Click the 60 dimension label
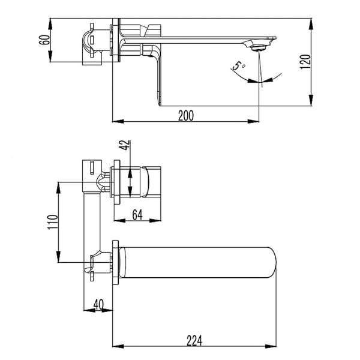coord(44,40)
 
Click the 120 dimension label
coord(305,62)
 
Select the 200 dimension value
coord(186,115)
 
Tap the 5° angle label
coord(238,65)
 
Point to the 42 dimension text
coord(125,145)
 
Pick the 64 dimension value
coord(137,215)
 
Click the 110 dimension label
coord(52,222)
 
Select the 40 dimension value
coord(99,305)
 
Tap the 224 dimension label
coord(194,341)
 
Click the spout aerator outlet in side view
coord(259,48)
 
